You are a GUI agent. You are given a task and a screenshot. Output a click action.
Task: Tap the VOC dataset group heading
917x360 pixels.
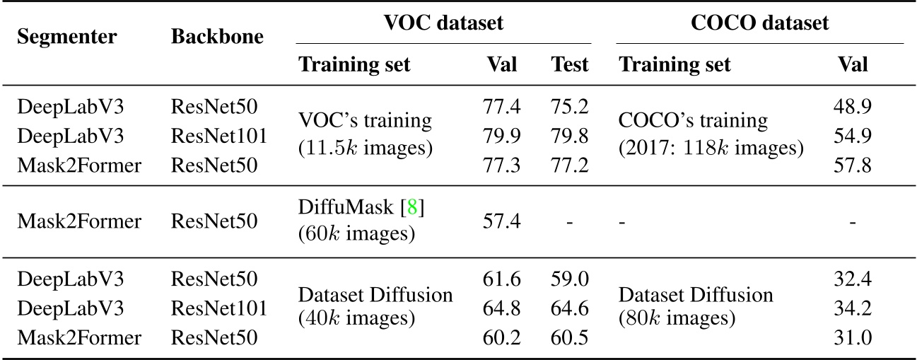coord(444,23)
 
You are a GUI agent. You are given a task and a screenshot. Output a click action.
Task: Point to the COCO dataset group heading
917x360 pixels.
coord(760,23)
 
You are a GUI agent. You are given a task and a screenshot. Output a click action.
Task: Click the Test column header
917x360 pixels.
coord(570,65)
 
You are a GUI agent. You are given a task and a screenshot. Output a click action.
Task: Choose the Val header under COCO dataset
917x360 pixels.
coord(852,65)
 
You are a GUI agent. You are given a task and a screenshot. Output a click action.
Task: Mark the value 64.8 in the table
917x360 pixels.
coord(503,308)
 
